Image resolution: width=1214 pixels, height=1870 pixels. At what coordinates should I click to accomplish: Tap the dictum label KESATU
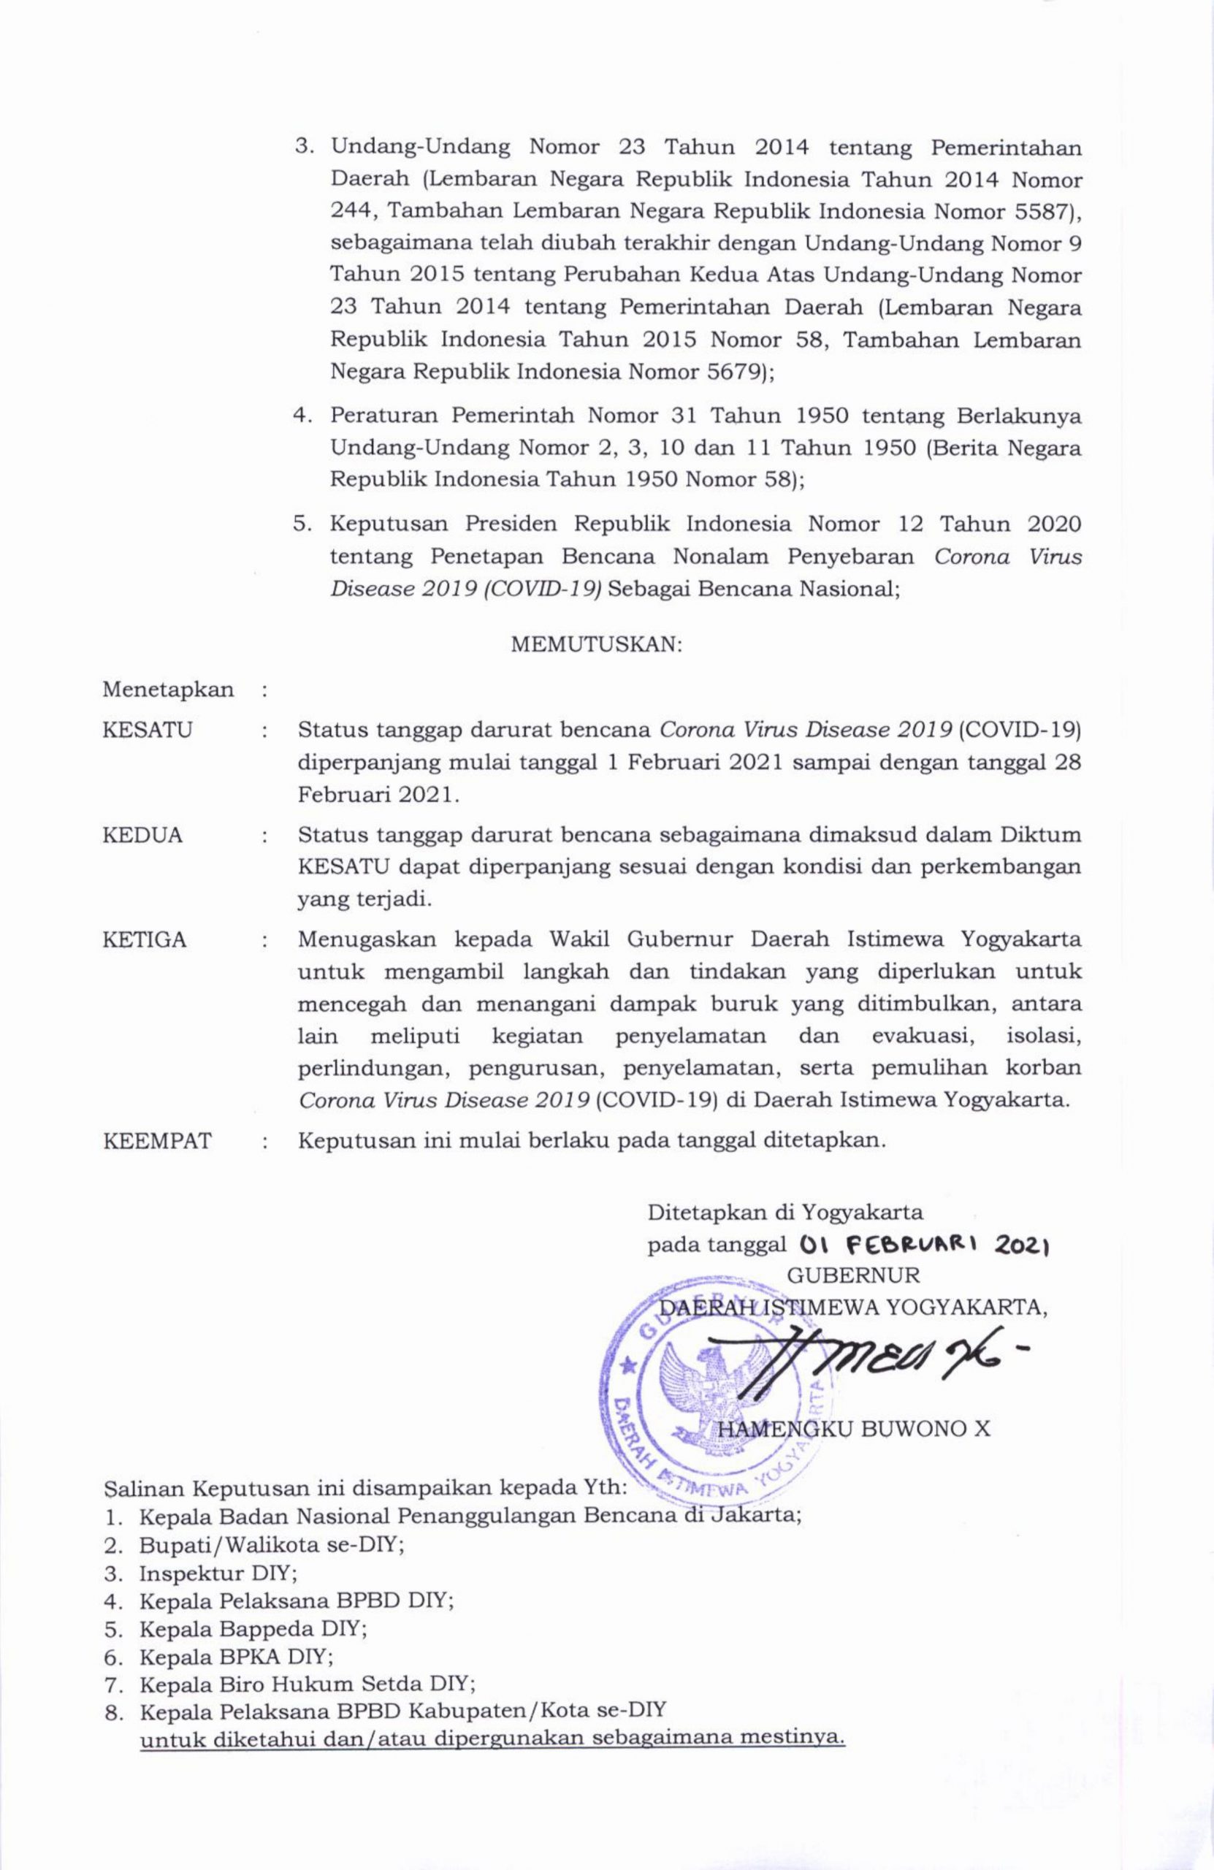tap(148, 730)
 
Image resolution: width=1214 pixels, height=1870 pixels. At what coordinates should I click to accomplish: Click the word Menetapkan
tap(168, 690)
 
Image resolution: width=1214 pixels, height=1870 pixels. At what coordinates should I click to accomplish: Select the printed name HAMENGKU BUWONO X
tap(854, 1430)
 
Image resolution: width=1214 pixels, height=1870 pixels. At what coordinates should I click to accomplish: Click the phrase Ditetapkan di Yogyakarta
tap(785, 1211)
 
